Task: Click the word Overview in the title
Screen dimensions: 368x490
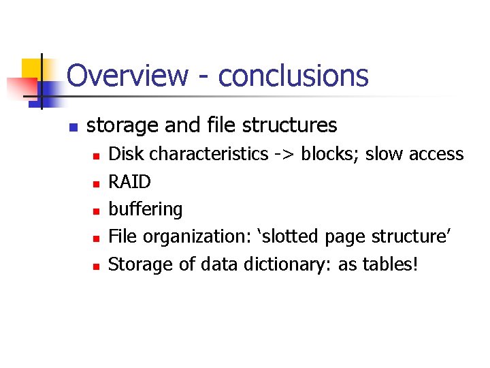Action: (127, 75)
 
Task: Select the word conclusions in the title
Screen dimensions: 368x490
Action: (293, 75)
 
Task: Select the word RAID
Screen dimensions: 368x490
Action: (129, 182)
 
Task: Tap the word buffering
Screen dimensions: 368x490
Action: (146, 210)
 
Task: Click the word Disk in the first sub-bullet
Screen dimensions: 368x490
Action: (127, 154)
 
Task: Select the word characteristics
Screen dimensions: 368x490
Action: (209, 154)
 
